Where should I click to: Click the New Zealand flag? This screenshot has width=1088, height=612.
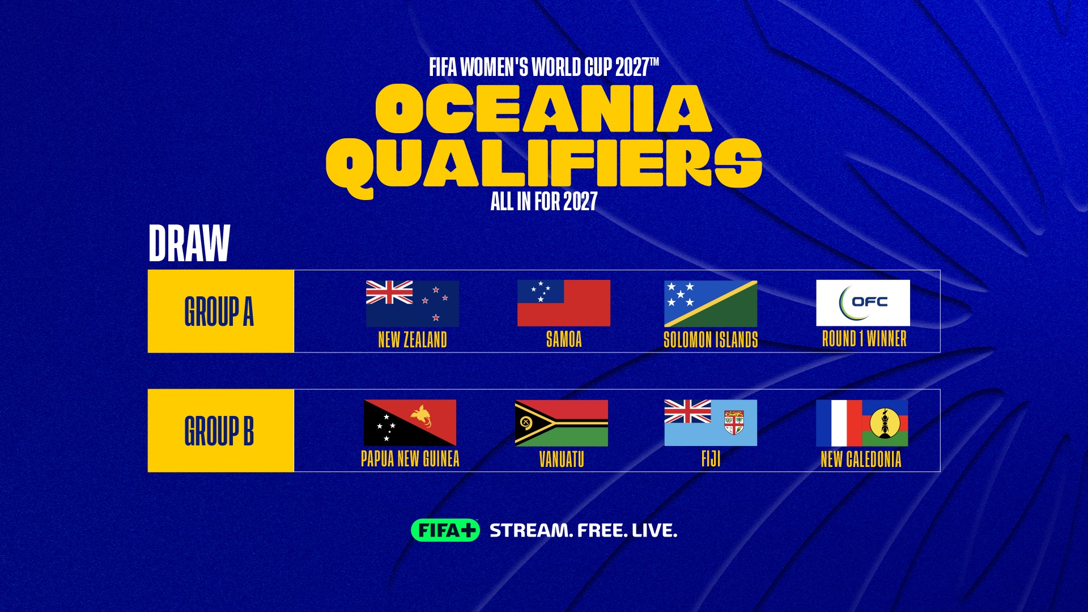pos(413,303)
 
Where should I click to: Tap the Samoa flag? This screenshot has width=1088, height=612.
pos(564,303)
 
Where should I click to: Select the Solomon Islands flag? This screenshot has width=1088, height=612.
pos(711,304)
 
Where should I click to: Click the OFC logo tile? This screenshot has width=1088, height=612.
pos(863,303)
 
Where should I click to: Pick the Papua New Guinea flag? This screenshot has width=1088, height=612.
pos(410,423)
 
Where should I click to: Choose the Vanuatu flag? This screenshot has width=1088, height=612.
pos(562,423)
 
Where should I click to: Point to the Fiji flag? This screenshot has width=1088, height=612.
pos(711,423)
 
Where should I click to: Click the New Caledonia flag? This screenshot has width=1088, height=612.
pos(862,423)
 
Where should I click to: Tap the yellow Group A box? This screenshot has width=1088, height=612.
pos(221,311)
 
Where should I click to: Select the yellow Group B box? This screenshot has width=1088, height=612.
pos(221,431)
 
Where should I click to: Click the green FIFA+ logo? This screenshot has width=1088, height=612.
pos(445,530)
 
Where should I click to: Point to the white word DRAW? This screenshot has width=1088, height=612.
pos(189,243)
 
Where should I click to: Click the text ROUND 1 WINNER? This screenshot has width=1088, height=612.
pos(864,339)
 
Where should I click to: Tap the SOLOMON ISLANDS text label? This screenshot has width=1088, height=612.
pos(711,339)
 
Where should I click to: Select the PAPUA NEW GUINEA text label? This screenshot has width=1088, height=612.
pos(410,458)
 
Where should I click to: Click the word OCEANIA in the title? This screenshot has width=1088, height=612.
pos(543,108)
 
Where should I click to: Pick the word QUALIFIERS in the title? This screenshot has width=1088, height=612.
pos(544,164)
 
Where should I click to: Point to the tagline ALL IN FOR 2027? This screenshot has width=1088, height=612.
pos(544,201)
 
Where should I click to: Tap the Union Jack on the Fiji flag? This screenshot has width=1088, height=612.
pos(688,411)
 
